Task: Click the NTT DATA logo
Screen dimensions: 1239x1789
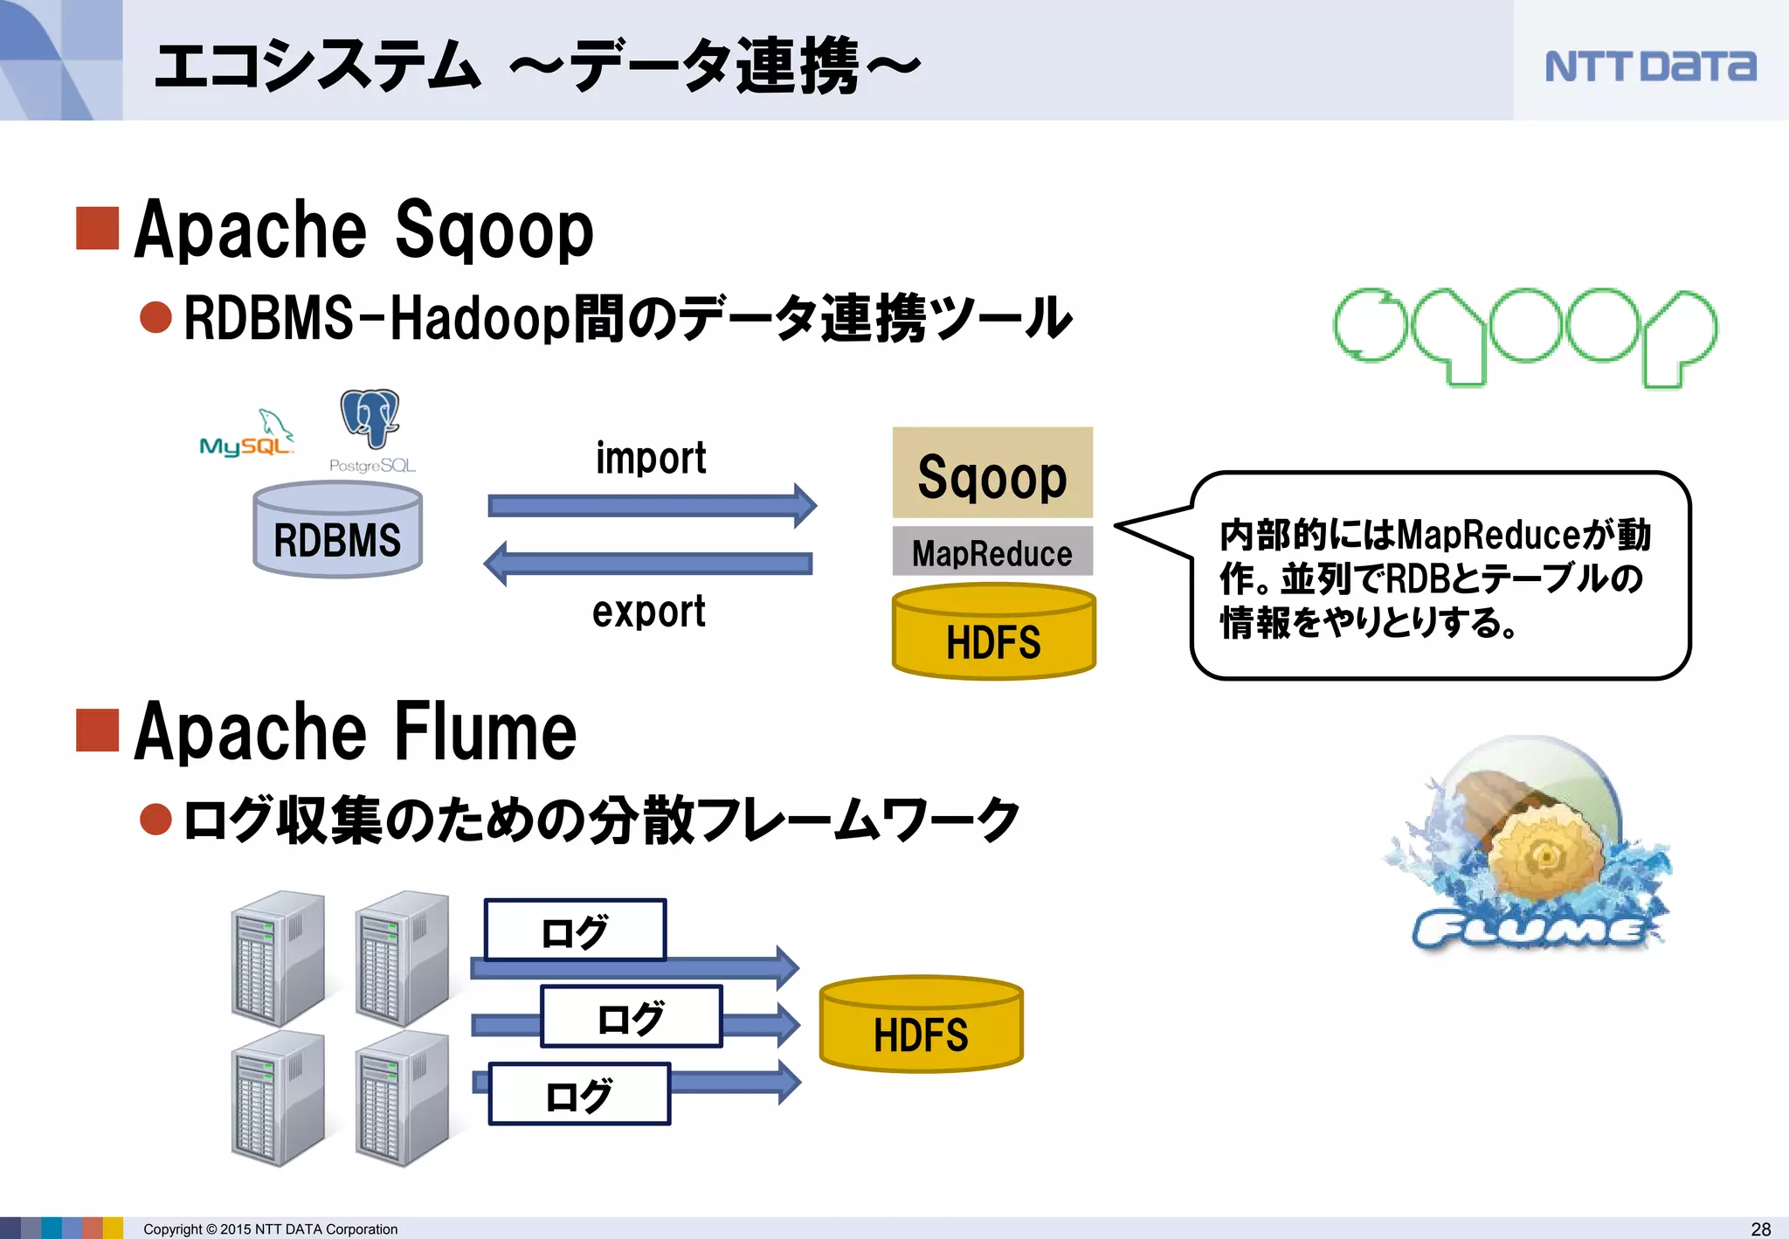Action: pos(1649,66)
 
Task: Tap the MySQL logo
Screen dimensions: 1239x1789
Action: pos(247,436)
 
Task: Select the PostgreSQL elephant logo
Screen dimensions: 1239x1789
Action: pos(370,419)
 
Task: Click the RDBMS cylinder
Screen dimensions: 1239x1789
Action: pos(337,531)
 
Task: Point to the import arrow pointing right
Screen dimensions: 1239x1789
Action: pos(651,505)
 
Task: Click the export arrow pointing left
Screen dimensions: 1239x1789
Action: pos(648,564)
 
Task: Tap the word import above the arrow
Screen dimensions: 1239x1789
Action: pos(651,459)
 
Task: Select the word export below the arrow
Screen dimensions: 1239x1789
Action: pos(648,611)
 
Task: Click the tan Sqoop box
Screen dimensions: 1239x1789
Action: pos(992,474)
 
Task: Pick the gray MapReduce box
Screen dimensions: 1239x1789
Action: pos(992,552)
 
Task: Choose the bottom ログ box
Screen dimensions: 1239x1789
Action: pos(578,1094)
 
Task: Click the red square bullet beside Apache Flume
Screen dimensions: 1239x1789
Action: pos(97,730)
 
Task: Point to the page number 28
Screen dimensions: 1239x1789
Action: pos(1761,1229)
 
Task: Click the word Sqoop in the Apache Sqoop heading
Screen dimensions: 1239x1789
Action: pos(494,230)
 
